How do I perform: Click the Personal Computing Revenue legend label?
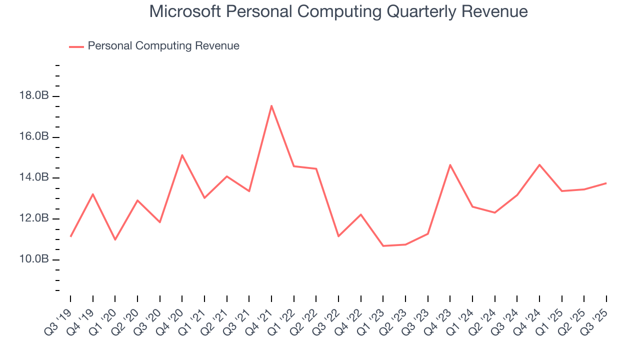[163, 46]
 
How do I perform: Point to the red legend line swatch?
[76, 46]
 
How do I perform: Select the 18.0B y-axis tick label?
[34, 95]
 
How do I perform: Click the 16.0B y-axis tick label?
[34, 136]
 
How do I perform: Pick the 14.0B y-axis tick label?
[34, 177]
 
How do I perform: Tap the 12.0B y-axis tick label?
[34, 218]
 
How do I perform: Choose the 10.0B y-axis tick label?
[34, 259]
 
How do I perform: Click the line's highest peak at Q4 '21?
[271, 105]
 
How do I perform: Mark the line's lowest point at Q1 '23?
[383, 245]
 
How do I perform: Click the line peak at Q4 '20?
[182, 155]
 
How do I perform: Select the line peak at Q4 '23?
[450, 165]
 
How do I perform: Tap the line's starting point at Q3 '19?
[70, 236]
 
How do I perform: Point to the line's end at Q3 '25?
[606, 183]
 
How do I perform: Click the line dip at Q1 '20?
[115, 239]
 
